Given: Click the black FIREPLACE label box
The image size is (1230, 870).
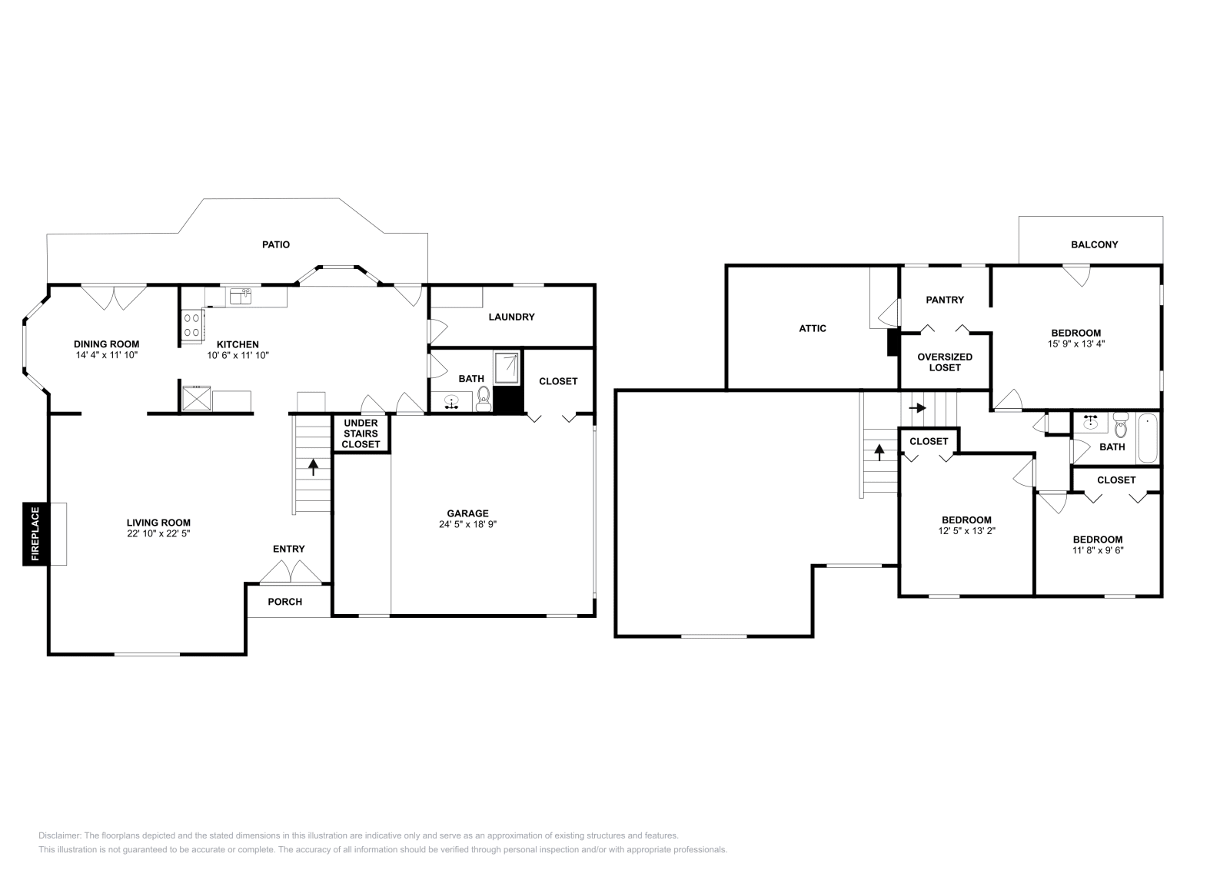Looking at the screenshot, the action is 35,533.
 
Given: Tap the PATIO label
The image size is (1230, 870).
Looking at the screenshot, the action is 276,245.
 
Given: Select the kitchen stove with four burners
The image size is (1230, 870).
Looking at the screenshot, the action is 192,325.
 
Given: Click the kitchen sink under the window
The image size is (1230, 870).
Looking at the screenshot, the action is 241,297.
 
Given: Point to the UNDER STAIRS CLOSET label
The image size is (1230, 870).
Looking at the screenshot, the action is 361,433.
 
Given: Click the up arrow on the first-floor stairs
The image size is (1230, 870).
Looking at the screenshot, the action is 313,467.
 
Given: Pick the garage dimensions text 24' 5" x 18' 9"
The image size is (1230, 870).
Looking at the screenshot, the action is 468,524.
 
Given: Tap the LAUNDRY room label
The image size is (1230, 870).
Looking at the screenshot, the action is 512,317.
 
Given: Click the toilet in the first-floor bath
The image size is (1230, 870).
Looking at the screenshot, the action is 484,399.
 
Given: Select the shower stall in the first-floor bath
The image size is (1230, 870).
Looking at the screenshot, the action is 507,368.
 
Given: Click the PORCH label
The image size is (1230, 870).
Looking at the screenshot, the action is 285,602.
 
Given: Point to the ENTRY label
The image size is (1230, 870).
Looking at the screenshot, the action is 289,549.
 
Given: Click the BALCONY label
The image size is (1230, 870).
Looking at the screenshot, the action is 1095,245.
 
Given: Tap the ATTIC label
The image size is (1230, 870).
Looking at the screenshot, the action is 813,328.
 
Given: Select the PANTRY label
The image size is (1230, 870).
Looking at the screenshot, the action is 945,300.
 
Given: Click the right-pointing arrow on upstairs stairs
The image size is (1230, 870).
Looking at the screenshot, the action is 918,408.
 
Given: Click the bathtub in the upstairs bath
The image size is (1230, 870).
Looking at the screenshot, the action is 1148,439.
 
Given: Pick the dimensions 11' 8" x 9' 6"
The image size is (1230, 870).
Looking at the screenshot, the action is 1099,550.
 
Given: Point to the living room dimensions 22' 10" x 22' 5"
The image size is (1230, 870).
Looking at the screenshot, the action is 158,533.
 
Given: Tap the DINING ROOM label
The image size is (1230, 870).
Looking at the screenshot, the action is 107,344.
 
